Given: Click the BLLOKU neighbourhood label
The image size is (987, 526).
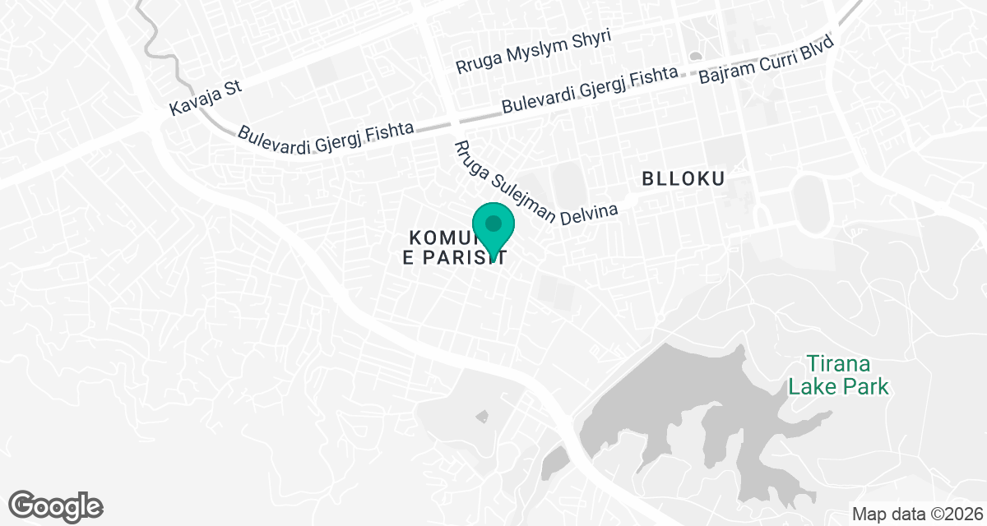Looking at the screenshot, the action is (x=682, y=178).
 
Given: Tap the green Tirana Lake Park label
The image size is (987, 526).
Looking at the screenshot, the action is (x=838, y=374).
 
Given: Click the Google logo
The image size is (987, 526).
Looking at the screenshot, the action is (x=56, y=505).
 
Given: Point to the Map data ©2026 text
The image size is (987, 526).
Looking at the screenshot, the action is (x=916, y=514).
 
